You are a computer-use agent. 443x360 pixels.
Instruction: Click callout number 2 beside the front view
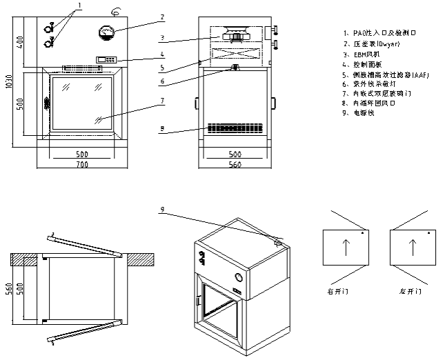pyautogui.click(x=162, y=17)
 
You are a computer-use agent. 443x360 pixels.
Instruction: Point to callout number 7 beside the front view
pyautogui.click(x=162, y=101)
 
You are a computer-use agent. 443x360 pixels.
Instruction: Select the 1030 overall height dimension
pyautogui.click(x=8, y=83)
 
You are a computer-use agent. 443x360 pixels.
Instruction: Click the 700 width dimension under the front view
pyautogui.click(x=82, y=166)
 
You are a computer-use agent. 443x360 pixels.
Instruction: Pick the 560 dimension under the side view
pyautogui.click(x=235, y=166)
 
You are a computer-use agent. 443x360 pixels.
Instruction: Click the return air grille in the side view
pyautogui.click(x=235, y=128)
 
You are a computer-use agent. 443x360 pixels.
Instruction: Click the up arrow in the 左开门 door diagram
pyautogui.click(x=413, y=248)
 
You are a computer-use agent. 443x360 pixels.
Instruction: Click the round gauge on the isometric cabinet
pyautogui.click(x=239, y=277)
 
